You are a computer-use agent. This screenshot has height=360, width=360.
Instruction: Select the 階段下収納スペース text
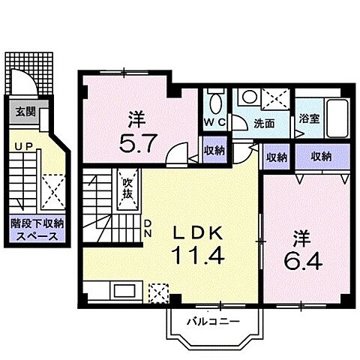click(37, 228)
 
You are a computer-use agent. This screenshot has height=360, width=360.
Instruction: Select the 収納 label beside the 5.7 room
click(214, 150)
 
